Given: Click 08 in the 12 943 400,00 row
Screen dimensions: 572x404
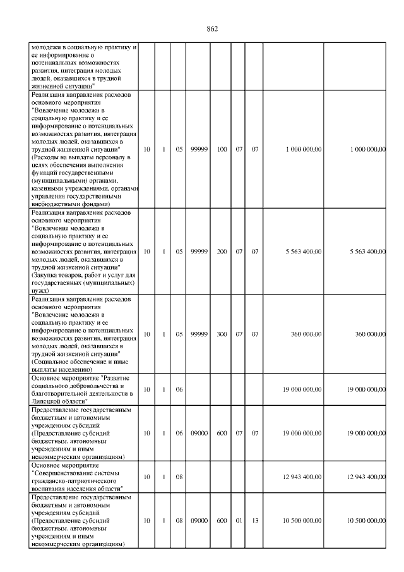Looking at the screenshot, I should [x=179, y=477].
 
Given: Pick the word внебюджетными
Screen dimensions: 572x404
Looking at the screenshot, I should [x=52, y=204].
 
